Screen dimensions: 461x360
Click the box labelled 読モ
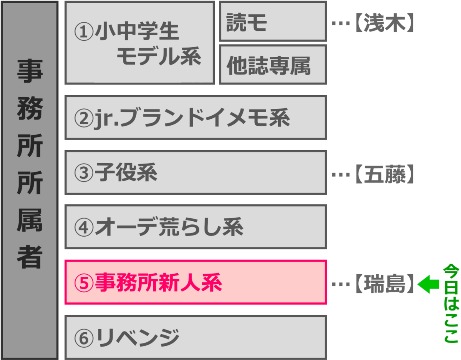click(x=273, y=22)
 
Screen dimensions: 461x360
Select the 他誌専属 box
click(x=273, y=65)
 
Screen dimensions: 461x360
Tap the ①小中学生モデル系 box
click(x=139, y=43)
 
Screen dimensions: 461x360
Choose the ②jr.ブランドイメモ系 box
click(x=196, y=118)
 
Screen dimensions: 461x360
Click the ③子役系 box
click(x=196, y=173)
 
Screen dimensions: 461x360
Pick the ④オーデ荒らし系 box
click(x=196, y=227)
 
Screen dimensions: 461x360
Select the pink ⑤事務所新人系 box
click(x=196, y=282)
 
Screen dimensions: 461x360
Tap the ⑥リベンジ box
click(x=196, y=337)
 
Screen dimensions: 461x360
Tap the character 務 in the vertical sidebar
click(x=29, y=111)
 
